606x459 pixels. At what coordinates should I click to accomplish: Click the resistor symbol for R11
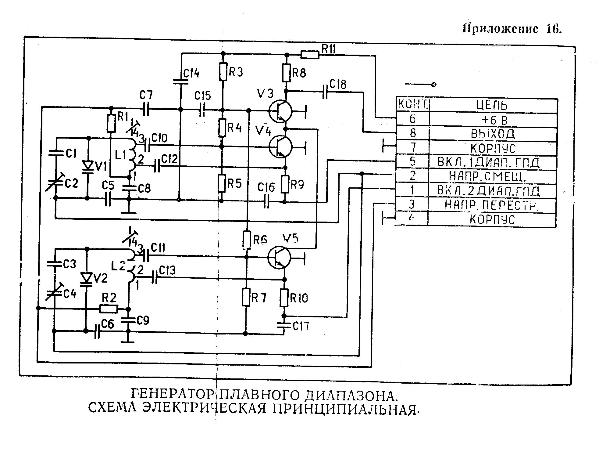tap(310, 55)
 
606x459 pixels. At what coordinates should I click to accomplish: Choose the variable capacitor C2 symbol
tap(56, 182)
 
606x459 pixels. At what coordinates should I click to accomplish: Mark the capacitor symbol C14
tap(181, 81)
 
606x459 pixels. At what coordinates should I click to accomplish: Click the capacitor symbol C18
tap(325, 91)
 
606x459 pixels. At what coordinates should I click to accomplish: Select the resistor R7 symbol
tap(246, 297)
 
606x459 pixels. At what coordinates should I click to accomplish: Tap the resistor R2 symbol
tap(109, 309)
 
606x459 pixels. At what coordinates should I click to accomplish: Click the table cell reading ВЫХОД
tap(493, 134)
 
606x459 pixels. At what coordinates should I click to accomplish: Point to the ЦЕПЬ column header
tap(492, 106)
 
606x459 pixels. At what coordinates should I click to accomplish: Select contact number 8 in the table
tap(412, 133)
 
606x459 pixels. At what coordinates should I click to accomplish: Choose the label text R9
tap(297, 184)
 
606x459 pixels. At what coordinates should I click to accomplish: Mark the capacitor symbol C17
tap(284, 326)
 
